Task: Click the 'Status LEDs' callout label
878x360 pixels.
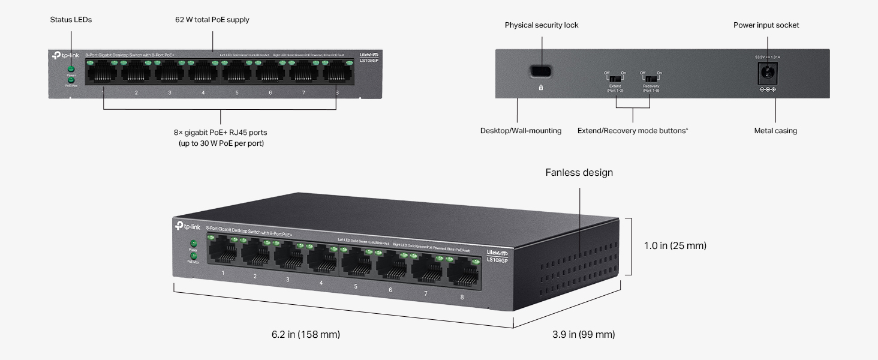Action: [71, 20]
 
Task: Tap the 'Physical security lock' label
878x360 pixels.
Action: [542, 25]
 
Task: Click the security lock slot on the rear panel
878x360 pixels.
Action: [541, 71]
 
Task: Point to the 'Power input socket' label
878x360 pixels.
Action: [766, 25]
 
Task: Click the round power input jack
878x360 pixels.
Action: [767, 74]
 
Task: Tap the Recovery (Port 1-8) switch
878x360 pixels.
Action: [651, 79]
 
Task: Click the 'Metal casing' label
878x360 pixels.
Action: [775, 131]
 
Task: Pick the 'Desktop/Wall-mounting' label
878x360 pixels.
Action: [521, 131]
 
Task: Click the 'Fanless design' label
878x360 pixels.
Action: [579, 173]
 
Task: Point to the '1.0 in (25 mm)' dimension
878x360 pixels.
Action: [675, 245]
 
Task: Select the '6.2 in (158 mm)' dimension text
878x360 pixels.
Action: [305, 334]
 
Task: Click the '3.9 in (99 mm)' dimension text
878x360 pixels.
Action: [583, 334]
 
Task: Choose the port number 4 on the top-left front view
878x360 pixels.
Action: [203, 93]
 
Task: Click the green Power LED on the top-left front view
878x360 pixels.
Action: [71, 70]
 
